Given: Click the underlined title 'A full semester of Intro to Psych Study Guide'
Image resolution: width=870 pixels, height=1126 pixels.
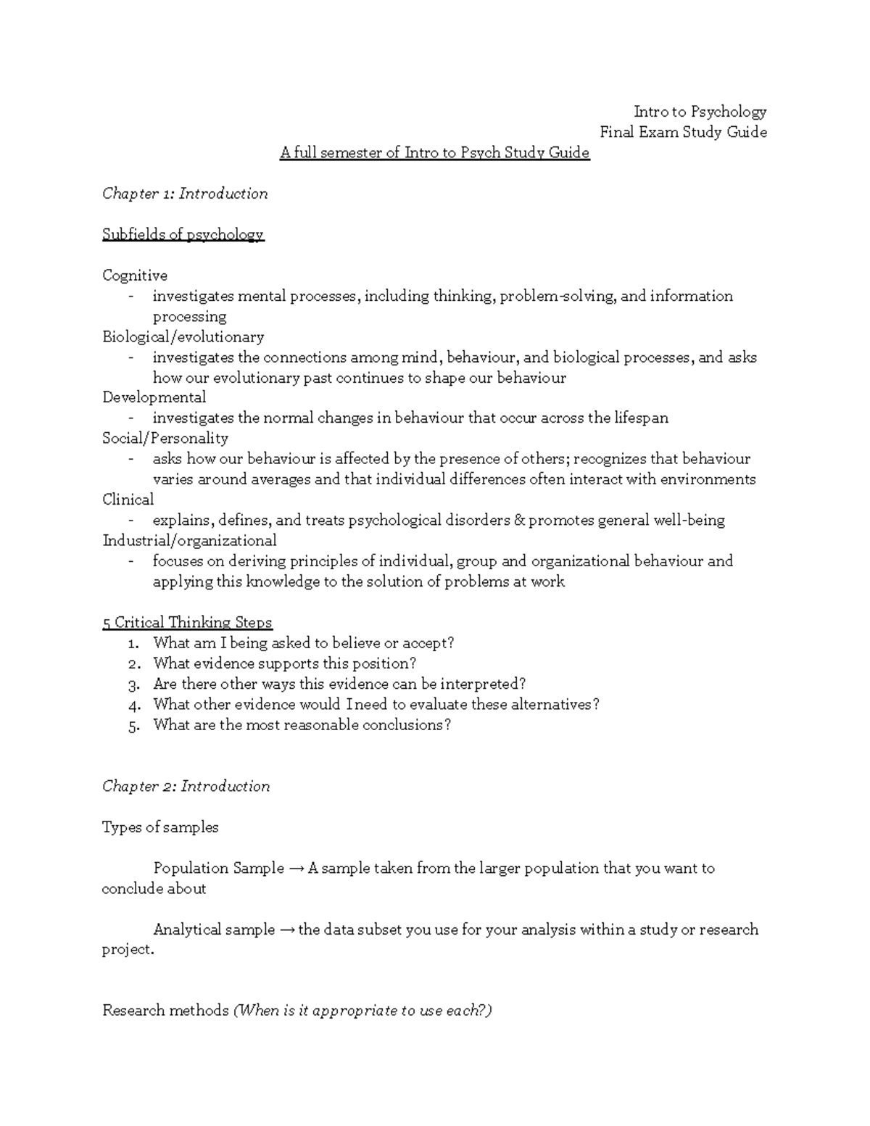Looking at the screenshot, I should coord(435,153).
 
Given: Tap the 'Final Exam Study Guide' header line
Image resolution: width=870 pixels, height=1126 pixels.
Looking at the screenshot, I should coord(683,132).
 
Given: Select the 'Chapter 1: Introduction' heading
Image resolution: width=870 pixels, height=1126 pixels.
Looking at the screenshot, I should coord(185,194).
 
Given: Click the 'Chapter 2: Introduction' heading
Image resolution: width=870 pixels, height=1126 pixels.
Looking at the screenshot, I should coord(186,787).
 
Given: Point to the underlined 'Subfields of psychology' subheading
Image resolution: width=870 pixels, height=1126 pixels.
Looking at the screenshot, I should coord(183,235).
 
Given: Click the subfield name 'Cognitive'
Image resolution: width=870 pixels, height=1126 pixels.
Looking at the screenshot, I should coord(135,276).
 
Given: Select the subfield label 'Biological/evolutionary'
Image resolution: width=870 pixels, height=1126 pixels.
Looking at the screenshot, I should coord(183,337).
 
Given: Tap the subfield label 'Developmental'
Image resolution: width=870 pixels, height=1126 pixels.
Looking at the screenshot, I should coord(154,397).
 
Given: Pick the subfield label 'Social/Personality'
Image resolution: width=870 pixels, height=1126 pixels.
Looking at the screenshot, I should coord(165,439).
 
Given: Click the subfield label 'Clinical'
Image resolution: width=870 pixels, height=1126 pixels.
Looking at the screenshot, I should coord(128,500).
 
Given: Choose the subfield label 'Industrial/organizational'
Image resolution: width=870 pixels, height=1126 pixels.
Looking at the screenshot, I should coord(189,541).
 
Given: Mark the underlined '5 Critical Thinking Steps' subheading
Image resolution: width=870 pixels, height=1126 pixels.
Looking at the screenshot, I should coord(187,623).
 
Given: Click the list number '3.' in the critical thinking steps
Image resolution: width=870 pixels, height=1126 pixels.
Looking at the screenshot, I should coord(133,684).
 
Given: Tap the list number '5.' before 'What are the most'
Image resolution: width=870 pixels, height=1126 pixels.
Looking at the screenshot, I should coord(133,726).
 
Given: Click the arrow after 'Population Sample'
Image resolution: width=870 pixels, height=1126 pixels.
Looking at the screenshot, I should coord(296,869).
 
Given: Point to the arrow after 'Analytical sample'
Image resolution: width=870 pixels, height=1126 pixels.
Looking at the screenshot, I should coord(286,930).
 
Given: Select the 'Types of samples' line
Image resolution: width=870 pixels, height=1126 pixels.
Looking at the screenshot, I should coord(160,827).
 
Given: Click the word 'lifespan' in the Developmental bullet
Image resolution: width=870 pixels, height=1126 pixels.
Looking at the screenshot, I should coord(641,418).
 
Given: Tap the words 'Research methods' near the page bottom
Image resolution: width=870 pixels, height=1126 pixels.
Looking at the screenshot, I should coord(165,1011).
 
